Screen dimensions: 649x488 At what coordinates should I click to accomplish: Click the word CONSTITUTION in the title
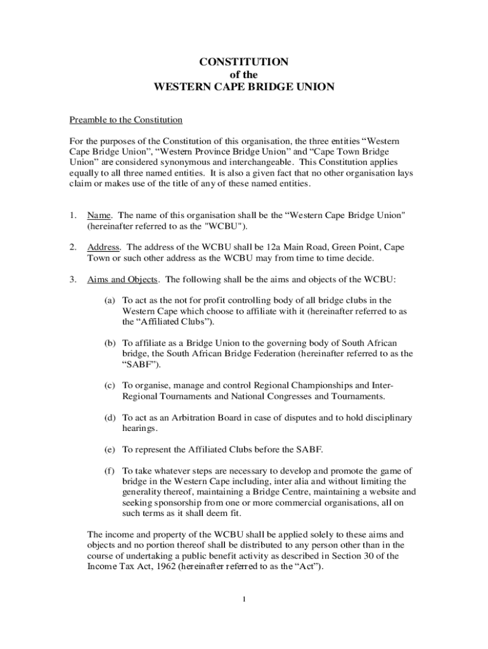tap(244, 62)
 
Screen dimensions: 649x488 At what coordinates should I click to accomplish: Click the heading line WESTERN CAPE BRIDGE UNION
tap(244, 86)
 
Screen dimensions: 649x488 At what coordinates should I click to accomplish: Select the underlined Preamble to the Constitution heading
tap(125, 120)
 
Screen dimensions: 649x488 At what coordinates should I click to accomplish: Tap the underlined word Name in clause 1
tap(100, 215)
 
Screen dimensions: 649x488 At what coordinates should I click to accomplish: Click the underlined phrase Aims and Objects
tap(122, 280)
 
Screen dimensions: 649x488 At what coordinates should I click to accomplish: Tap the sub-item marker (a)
tap(110, 300)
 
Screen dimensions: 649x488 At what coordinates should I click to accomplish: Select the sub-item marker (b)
tap(110, 343)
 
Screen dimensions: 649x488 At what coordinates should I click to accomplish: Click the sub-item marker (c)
tap(110, 385)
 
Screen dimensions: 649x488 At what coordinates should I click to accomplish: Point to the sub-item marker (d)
tap(110, 418)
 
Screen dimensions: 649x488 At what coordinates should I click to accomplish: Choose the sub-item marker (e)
tap(110, 449)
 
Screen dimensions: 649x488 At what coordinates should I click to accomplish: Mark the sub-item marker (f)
tap(110, 471)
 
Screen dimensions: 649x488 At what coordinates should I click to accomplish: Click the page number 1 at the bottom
tap(244, 599)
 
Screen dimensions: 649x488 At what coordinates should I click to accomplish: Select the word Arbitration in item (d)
tap(184, 418)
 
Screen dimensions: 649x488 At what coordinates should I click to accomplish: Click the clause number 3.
tap(73, 280)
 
